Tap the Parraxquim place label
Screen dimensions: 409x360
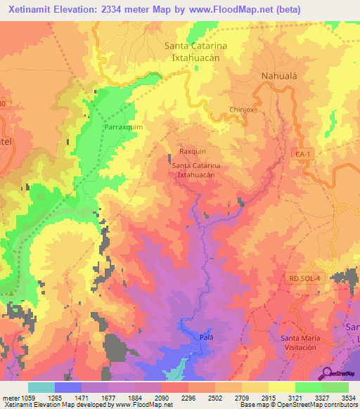click(124, 127)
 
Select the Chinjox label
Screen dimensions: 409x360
click(241, 110)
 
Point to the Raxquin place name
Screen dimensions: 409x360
click(192, 151)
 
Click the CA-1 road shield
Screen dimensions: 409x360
click(303, 152)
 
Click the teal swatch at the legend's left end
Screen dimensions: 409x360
click(41, 387)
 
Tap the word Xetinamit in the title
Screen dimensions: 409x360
click(33, 10)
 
